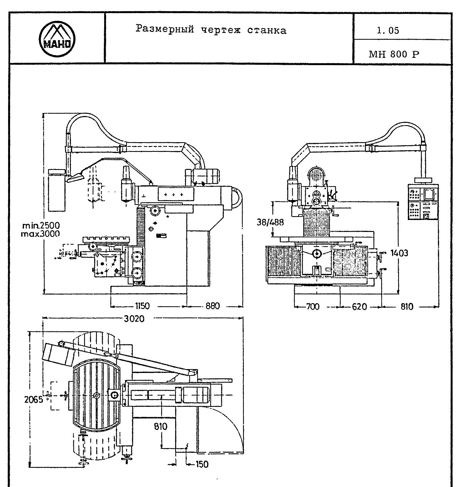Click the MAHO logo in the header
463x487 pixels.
point(57,39)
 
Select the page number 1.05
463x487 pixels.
point(388,31)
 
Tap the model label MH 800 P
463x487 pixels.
point(394,54)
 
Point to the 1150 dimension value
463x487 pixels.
point(142,306)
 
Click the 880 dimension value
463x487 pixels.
point(212,306)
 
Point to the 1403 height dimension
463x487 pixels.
point(399,253)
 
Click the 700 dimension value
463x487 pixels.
point(313,307)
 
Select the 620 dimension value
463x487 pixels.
point(359,307)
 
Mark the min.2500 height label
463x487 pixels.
point(41,225)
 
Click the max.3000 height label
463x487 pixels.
point(41,233)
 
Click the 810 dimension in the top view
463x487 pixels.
point(160,427)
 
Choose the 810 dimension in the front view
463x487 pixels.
point(407,307)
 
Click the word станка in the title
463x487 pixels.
point(267,30)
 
